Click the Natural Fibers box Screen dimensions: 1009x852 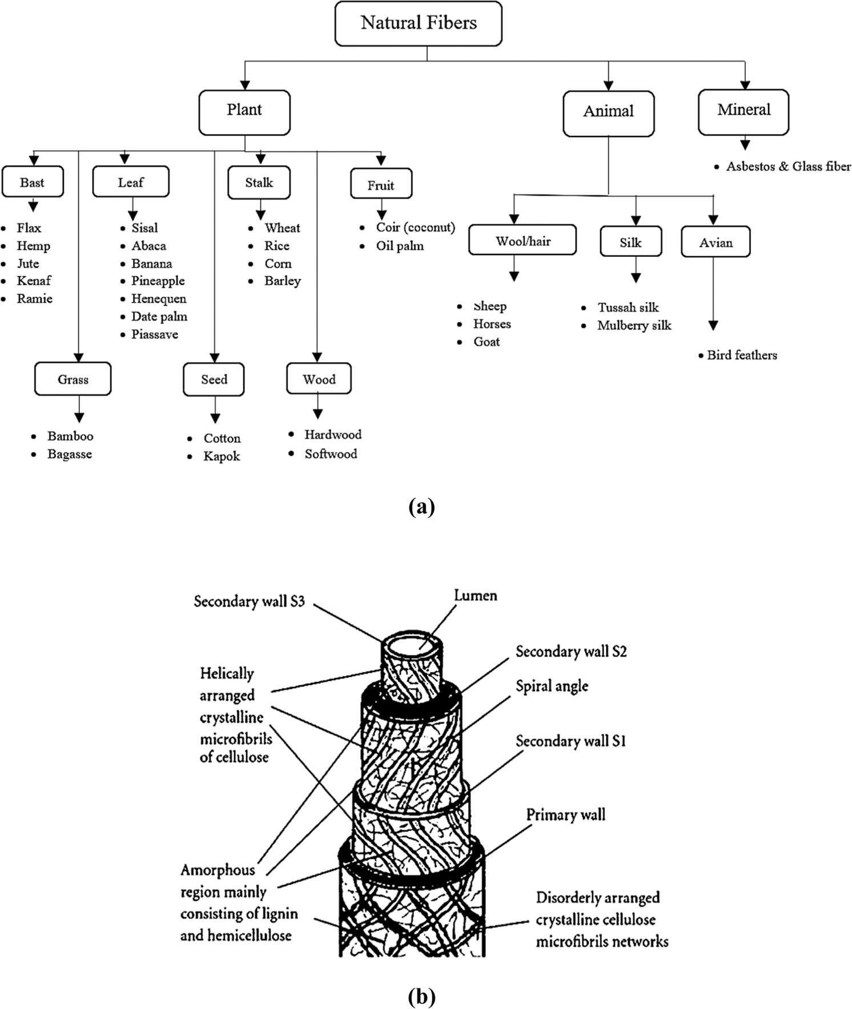tap(418, 23)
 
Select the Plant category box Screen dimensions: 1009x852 tap(244, 112)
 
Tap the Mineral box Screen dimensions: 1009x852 tap(744, 112)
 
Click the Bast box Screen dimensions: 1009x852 tap(33, 182)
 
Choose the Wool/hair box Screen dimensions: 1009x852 tap(523, 241)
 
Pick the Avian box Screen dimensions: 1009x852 tap(716, 243)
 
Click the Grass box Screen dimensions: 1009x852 tap(73, 379)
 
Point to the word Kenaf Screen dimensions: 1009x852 tap(34, 281)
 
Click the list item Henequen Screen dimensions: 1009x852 tap(158, 298)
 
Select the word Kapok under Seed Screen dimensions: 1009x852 tap(222, 457)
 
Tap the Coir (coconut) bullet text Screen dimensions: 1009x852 tap(415, 227)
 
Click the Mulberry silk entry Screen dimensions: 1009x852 tap(634, 326)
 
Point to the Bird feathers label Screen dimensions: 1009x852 tap(742, 355)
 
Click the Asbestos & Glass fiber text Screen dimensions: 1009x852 tap(788, 167)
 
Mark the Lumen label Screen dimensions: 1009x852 tap(475, 595)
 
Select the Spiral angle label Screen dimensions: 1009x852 tap(552, 686)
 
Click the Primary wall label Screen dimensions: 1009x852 tap(565, 814)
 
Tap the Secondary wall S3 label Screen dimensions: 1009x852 tap(249, 601)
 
